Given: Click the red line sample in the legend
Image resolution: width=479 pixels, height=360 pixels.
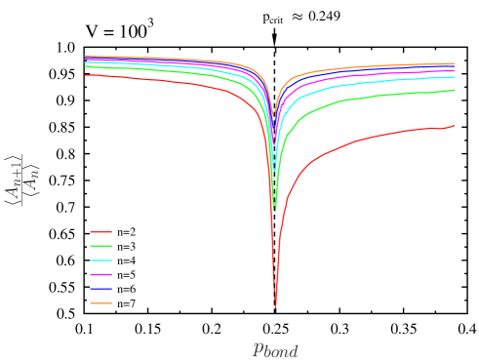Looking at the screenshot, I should pos(101,232).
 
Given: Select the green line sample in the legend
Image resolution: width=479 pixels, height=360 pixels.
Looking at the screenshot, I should pos(101,246).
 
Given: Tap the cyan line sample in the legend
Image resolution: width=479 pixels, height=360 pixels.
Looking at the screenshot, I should pos(101,260).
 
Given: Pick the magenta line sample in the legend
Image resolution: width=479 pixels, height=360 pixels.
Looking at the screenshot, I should pos(101,275).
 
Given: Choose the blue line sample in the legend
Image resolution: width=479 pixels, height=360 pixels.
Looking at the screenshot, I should pos(101,289).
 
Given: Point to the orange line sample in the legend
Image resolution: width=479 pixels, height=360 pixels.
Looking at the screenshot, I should pos(101,303).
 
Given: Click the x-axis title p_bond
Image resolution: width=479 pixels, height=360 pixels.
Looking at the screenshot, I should pos(275,350).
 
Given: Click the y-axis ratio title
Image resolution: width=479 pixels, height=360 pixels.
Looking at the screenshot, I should pos(24,180).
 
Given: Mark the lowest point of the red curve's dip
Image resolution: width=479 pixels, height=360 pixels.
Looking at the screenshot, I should pos(275,306).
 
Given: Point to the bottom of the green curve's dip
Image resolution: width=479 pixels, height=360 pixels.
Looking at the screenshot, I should pos(275,210).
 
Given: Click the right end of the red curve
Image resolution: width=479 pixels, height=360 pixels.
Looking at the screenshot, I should pos(456,125).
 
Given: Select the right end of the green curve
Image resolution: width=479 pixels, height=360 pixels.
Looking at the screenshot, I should pos(456,90).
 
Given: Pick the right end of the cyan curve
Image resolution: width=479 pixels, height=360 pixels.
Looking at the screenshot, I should pos(456,76).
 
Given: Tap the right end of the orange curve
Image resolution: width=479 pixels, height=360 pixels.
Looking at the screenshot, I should pos(456,63).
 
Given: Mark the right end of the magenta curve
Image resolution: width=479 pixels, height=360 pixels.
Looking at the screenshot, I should pos(456,71).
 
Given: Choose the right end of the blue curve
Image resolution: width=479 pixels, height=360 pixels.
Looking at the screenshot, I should pos(456,67).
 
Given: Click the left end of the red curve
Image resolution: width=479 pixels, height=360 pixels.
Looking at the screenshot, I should pos(85,74).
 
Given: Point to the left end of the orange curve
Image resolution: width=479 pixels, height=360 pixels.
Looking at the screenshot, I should pos(85,56).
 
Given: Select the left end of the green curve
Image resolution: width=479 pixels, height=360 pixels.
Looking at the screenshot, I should pos(85,66).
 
